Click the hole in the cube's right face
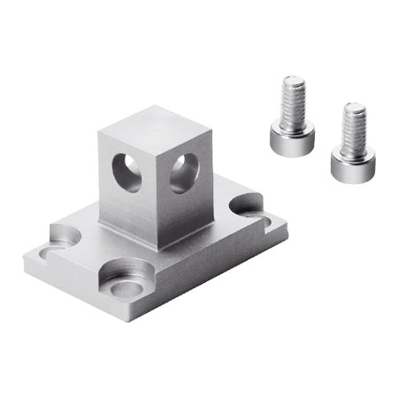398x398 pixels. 183,172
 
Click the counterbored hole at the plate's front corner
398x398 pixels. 129,282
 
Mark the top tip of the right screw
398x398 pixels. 355,105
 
